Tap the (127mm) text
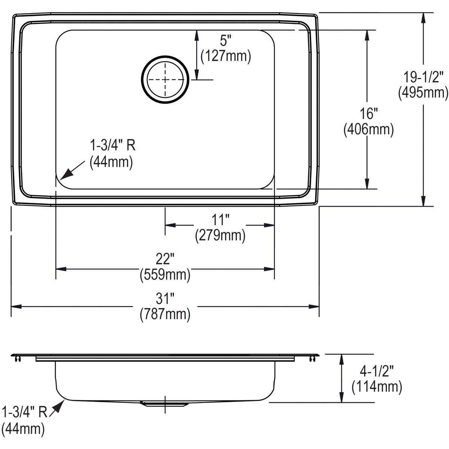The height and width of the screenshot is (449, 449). click(226, 56)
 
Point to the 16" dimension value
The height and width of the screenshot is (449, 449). click(369, 113)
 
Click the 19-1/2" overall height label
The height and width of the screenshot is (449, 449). click(423, 77)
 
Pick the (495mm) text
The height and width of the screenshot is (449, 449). click(423, 93)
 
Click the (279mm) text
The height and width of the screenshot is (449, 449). click(220, 236)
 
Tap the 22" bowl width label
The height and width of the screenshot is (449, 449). click(165, 259)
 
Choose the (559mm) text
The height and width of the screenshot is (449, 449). click(165, 275)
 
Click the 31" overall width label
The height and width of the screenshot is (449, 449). click(165, 299)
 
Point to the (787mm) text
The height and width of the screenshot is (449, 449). click(165, 314)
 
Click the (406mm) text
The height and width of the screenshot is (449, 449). click(369, 129)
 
